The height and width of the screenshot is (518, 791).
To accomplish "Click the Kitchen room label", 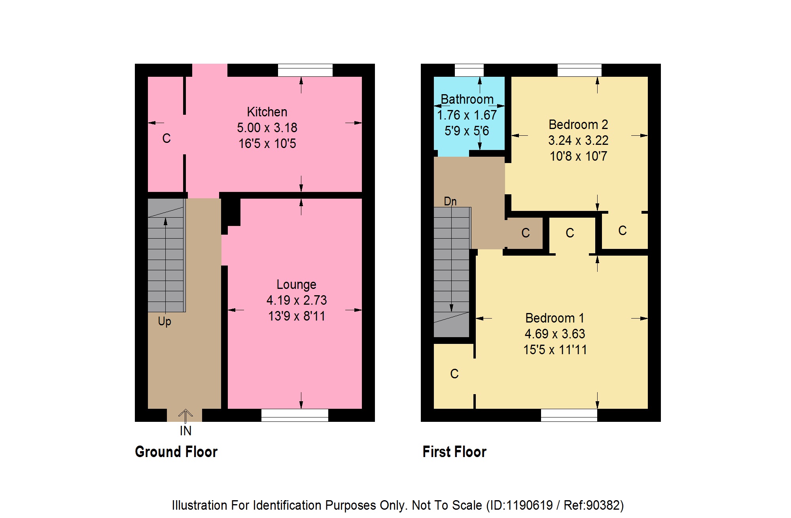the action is click(x=267, y=112).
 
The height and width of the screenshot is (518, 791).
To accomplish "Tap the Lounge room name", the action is click(x=296, y=285).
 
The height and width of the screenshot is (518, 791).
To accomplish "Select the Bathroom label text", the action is click(x=467, y=99).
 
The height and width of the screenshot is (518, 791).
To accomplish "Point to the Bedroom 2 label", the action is click(x=578, y=125).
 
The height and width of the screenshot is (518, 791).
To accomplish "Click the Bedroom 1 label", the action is click(x=554, y=318).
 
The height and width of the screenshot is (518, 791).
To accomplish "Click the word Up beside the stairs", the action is click(x=165, y=321).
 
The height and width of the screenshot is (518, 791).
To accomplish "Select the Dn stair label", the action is click(x=450, y=201).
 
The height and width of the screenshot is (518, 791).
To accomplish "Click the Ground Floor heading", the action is click(x=176, y=452).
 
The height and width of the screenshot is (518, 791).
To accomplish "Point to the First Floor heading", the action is click(x=454, y=452).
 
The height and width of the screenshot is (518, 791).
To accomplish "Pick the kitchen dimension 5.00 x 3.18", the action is click(x=267, y=128).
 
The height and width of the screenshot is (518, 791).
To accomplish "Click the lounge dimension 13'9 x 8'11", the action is click(x=297, y=316).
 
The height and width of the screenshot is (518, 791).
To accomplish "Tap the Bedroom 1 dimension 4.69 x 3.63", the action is click(x=555, y=334).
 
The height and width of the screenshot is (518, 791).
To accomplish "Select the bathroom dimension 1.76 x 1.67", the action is click(x=467, y=115).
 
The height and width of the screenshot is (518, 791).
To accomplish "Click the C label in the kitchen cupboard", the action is click(x=167, y=139).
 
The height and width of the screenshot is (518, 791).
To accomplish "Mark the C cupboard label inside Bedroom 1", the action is click(x=454, y=374).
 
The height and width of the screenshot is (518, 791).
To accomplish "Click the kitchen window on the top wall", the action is click(x=305, y=70).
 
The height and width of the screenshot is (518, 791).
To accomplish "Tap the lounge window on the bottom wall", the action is click(x=295, y=415).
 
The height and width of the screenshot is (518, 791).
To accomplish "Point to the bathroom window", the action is click(x=469, y=70).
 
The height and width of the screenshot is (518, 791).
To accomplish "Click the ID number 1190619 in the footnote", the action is click(x=529, y=505).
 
